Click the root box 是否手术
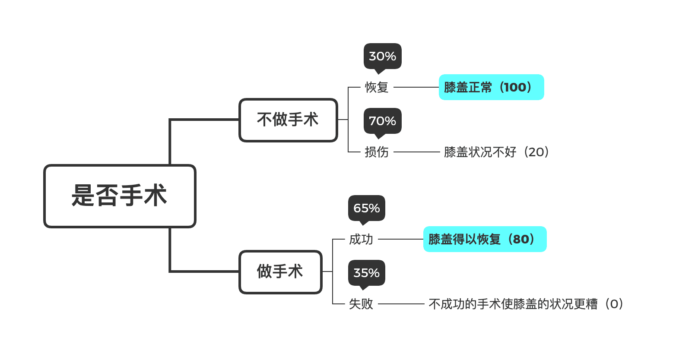[120, 196]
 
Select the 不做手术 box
[288, 120]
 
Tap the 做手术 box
[280, 272]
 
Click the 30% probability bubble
[382, 56]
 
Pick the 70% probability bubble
[382, 121]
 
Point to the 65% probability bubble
[366, 208]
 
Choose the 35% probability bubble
[366, 273]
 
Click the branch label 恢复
[377, 87]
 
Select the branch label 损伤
[377, 152]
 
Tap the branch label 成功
[361, 239]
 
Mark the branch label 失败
[361, 304]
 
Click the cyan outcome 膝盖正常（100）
[491, 87]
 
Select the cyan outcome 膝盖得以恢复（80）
[485, 239]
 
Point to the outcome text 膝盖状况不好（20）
[497, 152]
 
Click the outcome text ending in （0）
[526, 304]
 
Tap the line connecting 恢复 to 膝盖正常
[416, 87]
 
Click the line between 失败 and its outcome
[401, 304]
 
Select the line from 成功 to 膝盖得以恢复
[401, 239]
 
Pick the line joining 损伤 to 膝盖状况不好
[416, 152]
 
